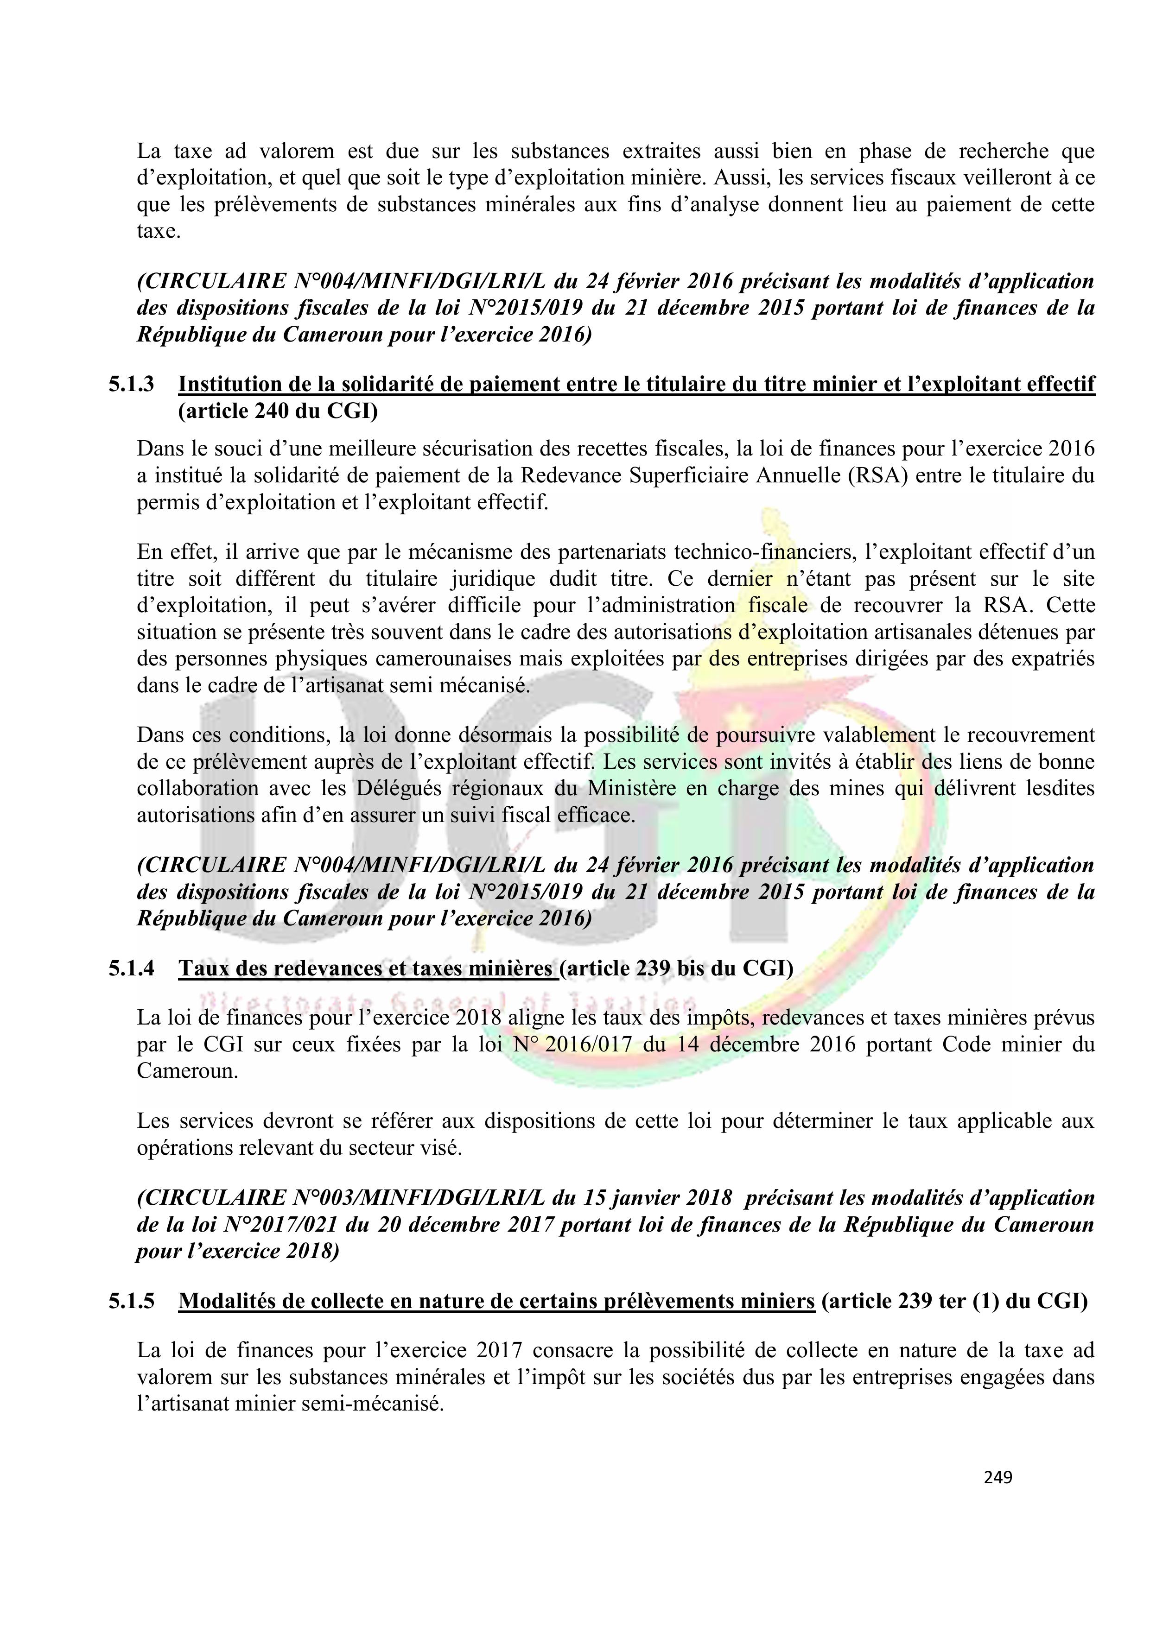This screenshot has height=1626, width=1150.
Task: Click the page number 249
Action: pyautogui.click(x=998, y=1477)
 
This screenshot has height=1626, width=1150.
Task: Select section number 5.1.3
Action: pyautogui.click(x=131, y=385)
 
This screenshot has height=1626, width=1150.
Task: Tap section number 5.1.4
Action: pyautogui.click(x=131, y=968)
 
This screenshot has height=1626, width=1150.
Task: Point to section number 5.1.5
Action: pyautogui.click(x=131, y=1301)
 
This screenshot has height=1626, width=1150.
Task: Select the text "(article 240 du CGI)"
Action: pyautogui.click(x=278, y=411)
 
